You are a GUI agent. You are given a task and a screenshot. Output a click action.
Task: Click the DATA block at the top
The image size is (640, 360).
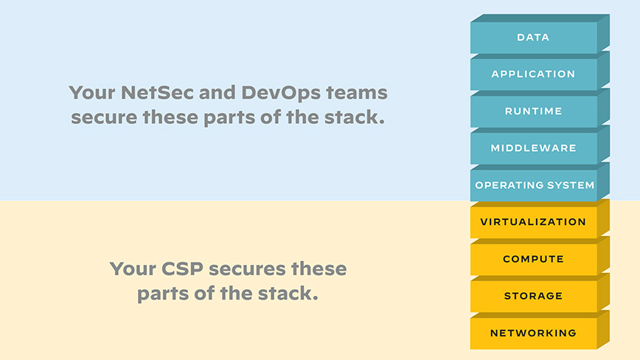533,37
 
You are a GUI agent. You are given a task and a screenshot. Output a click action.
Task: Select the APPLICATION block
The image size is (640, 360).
533,74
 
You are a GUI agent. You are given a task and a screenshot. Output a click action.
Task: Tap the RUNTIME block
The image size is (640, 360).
533,111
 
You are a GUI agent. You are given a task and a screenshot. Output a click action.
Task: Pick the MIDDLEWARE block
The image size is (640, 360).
533,148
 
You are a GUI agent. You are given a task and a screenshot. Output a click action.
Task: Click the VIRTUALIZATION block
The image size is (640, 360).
533,221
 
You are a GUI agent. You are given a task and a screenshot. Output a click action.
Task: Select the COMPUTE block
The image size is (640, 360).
533,259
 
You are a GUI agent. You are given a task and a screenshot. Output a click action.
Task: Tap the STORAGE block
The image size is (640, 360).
533,296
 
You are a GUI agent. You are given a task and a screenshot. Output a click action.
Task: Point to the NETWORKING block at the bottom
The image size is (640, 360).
533,333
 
